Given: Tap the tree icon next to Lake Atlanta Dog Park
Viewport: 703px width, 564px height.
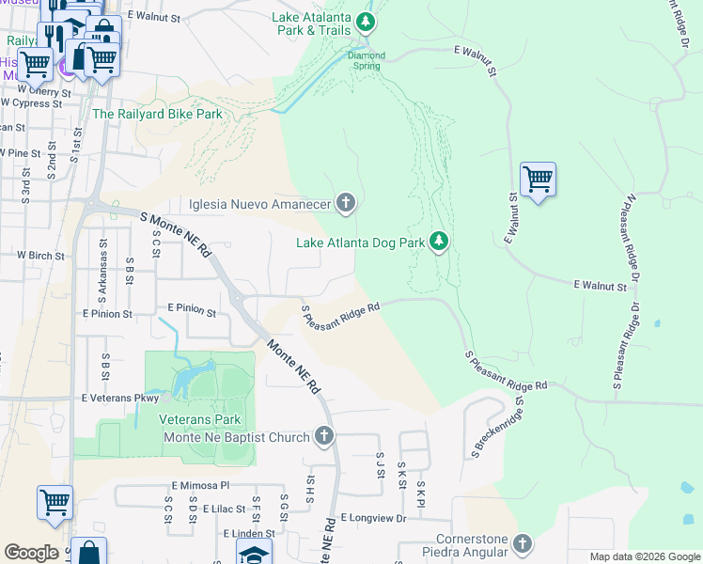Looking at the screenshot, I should pyautogui.click(x=438, y=243).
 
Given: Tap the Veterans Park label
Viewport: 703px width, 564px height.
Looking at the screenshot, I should pyautogui.click(x=199, y=420).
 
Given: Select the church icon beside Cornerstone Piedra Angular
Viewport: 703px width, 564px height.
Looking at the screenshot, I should pyautogui.click(x=523, y=544).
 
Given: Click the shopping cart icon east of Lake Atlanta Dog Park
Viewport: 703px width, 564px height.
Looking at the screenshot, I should pyautogui.click(x=538, y=179).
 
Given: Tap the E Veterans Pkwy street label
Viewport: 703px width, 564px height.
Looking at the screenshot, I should pyautogui.click(x=120, y=399).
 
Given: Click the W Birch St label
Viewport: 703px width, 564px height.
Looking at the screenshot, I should pyautogui.click(x=40, y=255).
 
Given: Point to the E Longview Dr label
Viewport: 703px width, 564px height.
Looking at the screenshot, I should pyautogui.click(x=373, y=518).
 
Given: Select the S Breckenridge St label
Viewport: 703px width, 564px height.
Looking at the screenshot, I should pyautogui.click(x=498, y=429).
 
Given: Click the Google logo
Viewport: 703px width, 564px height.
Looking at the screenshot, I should pyautogui.click(x=32, y=552).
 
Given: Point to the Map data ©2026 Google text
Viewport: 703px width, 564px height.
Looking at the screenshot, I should pyautogui.click(x=645, y=556).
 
